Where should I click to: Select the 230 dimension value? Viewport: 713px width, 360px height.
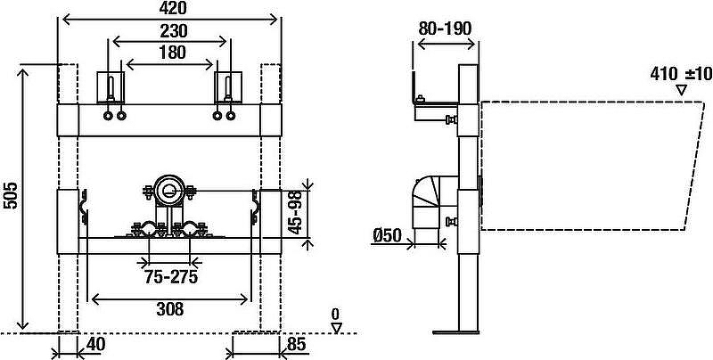tap(173, 31)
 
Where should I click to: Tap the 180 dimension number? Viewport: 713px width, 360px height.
tap(173, 53)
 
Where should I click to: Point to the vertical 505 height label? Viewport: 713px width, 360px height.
tap(11, 195)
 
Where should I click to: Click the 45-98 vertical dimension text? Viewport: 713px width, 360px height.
tap(296, 213)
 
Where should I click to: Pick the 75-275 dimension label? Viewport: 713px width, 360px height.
tap(171, 277)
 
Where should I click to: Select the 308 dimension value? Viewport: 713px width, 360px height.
tap(170, 309)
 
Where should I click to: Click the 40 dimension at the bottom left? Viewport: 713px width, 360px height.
tap(95, 345)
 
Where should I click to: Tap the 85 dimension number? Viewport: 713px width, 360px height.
tap(298, 345)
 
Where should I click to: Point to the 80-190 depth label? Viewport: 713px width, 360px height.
tap(445, 29)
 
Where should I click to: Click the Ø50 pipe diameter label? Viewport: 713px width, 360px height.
tap(387, 235)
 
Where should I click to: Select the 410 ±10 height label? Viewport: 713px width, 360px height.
tap(681, 74)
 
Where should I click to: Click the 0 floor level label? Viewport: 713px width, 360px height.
tap(335, 314)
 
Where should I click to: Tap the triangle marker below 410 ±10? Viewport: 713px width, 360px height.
tap(681, 90)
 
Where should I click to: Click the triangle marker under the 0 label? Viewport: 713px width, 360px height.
tap(336, 328)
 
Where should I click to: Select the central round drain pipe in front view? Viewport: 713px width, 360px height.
tap(168, 190)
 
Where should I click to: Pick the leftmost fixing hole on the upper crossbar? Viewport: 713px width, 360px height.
tap(108, 116)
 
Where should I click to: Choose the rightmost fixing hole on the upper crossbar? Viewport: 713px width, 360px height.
tap(231, 116)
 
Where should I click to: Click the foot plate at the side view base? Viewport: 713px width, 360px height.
tap(455, 332)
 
